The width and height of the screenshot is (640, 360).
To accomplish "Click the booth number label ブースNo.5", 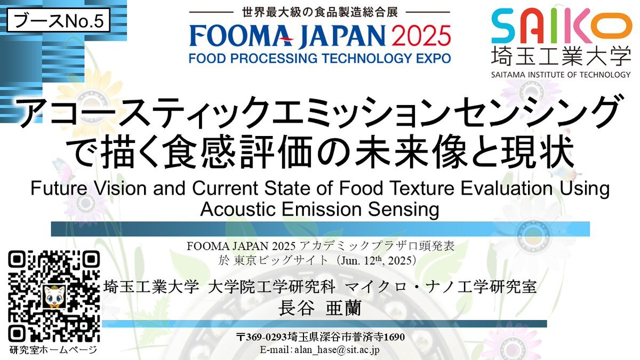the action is click(x=58, y=21).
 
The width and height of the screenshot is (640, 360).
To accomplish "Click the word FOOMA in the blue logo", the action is click(x=242, y=36).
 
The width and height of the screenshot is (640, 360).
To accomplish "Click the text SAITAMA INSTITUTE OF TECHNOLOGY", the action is click(x=561, y=75).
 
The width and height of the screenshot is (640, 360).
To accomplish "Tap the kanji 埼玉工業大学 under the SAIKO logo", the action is click(x=561, y=55).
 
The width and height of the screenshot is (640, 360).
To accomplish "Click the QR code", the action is click(x=54, y=297).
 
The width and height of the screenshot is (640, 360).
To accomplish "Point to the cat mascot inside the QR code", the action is click(x=54, y=297).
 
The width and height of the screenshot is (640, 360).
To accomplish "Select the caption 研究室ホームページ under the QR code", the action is click(x=53, y=349).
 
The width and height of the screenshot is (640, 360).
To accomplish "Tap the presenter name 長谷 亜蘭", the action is click(x=319, y=308).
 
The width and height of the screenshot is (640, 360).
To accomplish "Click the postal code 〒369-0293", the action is click(x=262, y=337).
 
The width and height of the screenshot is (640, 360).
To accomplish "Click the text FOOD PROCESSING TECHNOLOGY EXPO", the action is click(x=319, y=58).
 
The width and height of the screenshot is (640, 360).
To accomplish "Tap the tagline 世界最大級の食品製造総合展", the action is click(x=319, y=12).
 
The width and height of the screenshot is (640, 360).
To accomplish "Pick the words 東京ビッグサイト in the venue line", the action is click(x=280, y=261).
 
